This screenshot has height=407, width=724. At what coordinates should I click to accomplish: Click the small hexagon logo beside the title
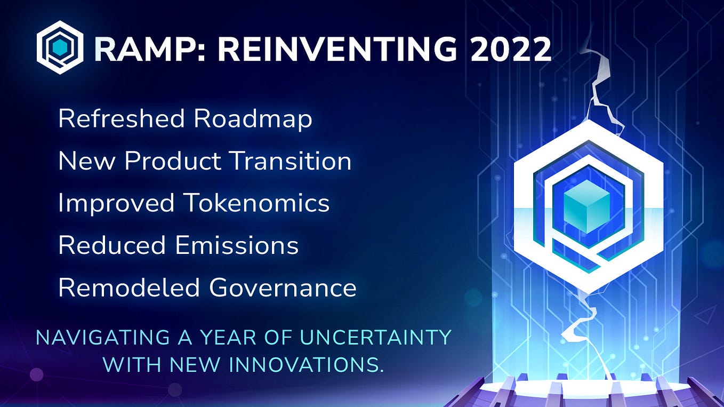(60, 47)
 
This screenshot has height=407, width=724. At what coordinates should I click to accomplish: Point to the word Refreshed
(121, 118)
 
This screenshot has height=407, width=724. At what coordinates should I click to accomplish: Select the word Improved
(116, 204)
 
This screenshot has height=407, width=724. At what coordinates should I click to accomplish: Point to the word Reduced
(112, 245)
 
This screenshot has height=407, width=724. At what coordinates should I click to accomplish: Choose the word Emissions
(237, 245)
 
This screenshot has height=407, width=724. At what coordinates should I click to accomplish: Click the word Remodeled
(129, 287)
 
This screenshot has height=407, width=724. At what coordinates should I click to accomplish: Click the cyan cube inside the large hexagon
(586, 206)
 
